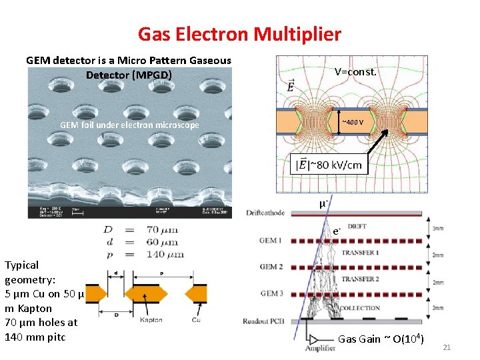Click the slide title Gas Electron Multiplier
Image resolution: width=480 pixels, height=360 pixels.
pos(239,34)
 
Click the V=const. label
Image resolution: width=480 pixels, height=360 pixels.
pos(355,71)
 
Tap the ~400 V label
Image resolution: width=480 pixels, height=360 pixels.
pos(353,122)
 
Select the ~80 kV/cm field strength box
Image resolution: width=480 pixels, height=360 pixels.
pos(330,164)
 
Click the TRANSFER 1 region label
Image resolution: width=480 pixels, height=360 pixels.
pos(359,253)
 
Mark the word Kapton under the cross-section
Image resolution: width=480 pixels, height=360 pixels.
pos(151,321)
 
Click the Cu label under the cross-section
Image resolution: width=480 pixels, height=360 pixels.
pos(197,321)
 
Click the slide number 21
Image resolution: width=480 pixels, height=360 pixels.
pos(447,347)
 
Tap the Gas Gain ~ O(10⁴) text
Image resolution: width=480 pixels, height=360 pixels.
pos(381,339)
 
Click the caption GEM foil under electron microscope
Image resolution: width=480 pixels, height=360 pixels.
pos(129,125)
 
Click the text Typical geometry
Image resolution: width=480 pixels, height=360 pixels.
pos(22,272)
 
